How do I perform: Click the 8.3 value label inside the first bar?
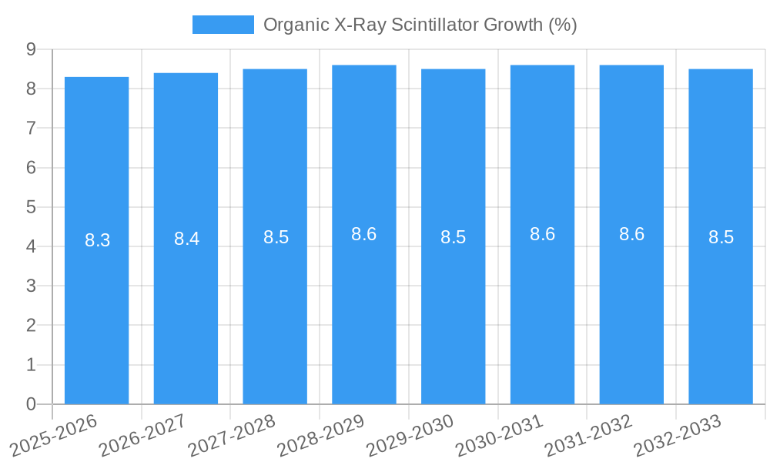click(x=98, y=240)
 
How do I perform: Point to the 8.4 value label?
click(x=186, y=239)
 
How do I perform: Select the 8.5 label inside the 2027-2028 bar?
click(x=276, y=237)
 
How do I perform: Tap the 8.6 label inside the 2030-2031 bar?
click(x=542, y=234)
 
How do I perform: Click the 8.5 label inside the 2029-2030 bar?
click(x=453, y=237)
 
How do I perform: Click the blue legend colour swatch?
click(x=223, y=25)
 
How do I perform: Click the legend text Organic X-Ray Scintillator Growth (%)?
click(x=420, y=25)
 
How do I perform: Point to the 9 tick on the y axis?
click(x=31, y=49)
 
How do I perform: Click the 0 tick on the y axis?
click(x=31, y=403)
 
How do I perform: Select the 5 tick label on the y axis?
click(x=31, y=207)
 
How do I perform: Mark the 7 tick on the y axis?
click(x=31, y=128)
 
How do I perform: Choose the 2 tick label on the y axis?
click(x=31, y=325)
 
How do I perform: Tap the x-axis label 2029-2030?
click(x=410, y=434)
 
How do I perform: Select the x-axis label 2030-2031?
click(x=499, y=434)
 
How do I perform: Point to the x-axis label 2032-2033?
click(x=677, y=434)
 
